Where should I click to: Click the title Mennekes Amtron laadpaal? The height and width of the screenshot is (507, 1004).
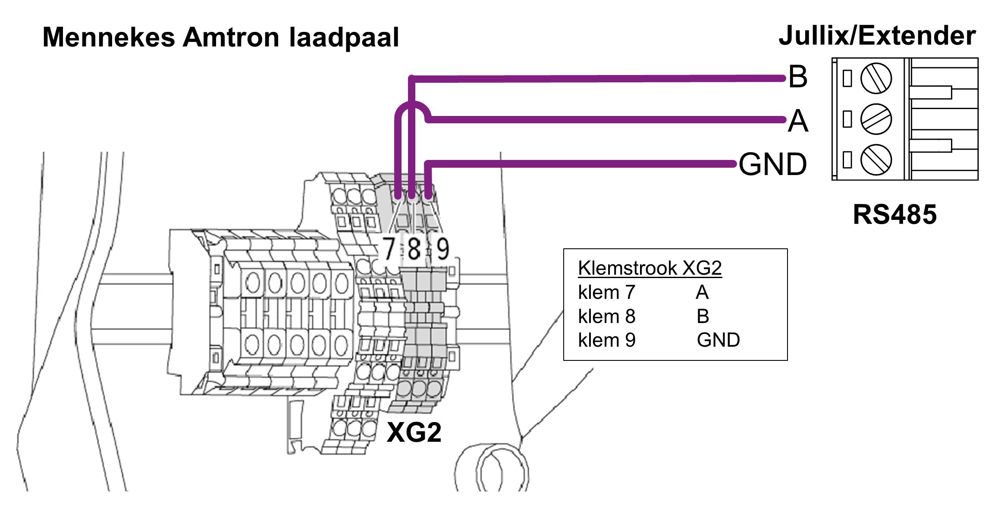point(220,38)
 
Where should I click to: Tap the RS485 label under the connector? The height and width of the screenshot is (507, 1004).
point(894,214)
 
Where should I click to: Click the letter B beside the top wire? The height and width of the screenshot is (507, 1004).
point(797,77)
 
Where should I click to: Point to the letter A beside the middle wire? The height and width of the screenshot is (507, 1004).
point(798,121)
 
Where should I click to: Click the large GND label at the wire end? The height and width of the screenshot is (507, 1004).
point(772,164)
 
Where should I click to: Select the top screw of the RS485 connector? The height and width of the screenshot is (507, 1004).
point(876,78)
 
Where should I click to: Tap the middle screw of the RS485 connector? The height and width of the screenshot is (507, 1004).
point(876,119)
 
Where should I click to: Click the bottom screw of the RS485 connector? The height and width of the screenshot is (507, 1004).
point(876,160)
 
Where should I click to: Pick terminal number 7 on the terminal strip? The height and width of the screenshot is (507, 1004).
point(389,249)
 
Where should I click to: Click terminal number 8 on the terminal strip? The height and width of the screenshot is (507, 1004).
point(414,249)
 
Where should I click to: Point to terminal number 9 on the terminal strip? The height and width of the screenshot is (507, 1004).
point(442,249)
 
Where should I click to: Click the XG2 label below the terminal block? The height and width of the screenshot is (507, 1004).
point(414,432)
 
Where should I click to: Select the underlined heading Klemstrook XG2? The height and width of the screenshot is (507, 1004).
point(649,268)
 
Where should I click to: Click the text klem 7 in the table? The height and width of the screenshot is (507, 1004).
point(606,293)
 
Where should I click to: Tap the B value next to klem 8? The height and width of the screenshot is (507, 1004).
point(703,316)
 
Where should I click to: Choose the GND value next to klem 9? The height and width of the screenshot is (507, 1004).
point(718,340)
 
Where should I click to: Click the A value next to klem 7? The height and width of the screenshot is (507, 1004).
point(702,293)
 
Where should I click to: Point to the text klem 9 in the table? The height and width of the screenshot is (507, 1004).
point(606,340)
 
